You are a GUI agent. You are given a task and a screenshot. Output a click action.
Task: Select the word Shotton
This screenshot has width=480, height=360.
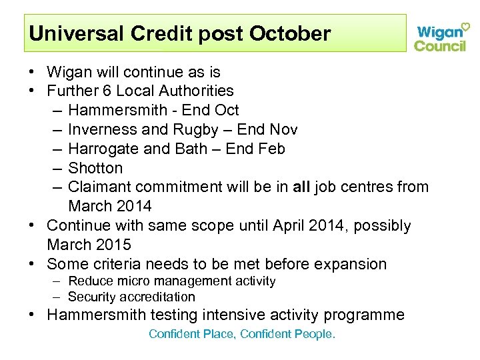point(95,168)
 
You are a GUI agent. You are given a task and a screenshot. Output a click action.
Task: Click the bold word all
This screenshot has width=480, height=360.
point(302,187)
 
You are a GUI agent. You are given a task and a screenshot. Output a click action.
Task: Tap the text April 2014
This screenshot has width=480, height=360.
point(309,226)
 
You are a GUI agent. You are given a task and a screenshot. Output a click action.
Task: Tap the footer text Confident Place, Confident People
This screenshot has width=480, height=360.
point(242,334)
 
